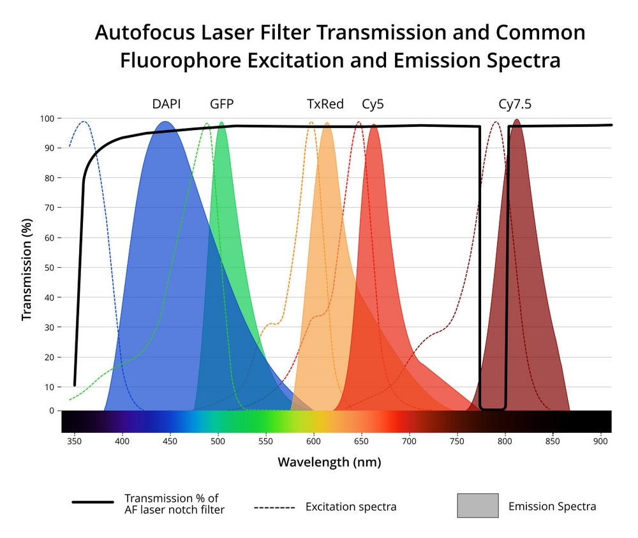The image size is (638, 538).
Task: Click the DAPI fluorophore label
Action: point(166,104)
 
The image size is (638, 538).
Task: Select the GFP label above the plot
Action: point(221,104)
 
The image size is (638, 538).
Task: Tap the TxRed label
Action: point(325,104)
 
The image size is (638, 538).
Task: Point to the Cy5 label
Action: point(373,104)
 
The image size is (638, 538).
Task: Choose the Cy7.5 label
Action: point(514,104)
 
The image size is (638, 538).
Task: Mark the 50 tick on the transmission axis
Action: point(48,268)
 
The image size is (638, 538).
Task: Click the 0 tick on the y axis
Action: point(51,411)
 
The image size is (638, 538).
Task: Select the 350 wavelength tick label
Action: point(75,440)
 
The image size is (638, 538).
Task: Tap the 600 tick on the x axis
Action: point(314,440)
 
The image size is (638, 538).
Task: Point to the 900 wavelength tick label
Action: point(600,440)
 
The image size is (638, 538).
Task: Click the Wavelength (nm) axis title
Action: point(329,462)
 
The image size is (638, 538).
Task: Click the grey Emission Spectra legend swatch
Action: point(477,505)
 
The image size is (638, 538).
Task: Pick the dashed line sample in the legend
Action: point(274,507)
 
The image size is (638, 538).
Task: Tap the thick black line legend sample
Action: point(93,502)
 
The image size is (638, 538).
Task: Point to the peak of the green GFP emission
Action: point(221,123)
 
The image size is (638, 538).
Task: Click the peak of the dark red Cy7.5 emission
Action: point(517,120)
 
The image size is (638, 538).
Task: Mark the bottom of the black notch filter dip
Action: point(493,408)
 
